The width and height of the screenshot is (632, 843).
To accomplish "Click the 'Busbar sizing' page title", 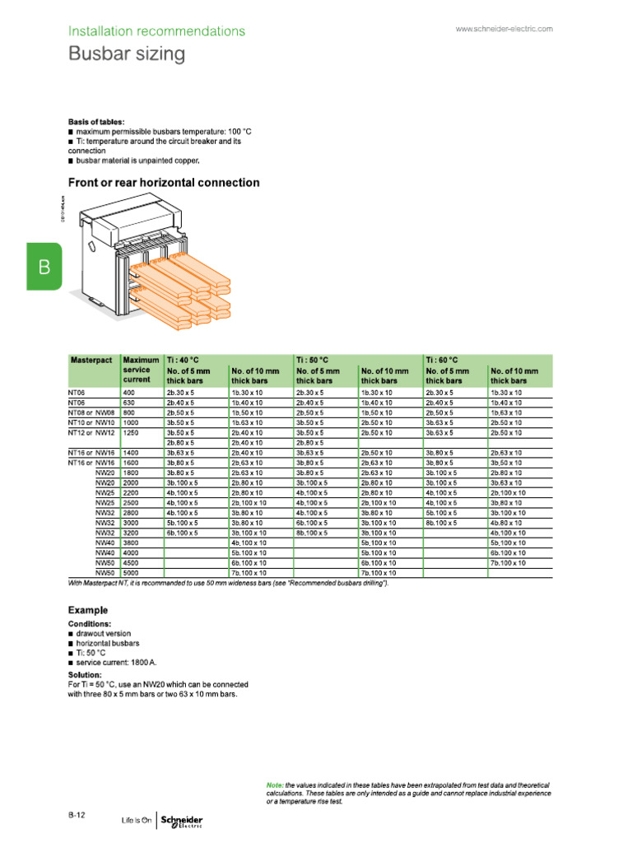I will pos(126,55).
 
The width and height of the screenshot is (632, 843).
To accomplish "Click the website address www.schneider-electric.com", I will pos(504,29).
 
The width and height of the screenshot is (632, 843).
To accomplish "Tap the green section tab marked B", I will pos(44,267).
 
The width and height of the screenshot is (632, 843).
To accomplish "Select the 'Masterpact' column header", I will pos(91,361).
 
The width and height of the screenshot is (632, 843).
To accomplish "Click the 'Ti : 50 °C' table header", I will pos(313,361).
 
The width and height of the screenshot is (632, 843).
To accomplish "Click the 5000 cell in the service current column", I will pos(131,572).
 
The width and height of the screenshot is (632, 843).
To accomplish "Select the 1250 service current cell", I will pos(132,432).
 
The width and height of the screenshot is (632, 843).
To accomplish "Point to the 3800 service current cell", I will pos(131,543).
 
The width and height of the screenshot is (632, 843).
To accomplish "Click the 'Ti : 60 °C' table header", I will pos(443,361).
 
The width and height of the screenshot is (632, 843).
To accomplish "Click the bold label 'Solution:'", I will pos(85,675).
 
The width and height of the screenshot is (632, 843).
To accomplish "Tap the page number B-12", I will pos(78,814).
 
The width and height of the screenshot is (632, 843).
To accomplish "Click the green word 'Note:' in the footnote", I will pos(275,785).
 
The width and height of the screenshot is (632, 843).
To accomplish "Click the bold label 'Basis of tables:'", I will pos(96,122).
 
